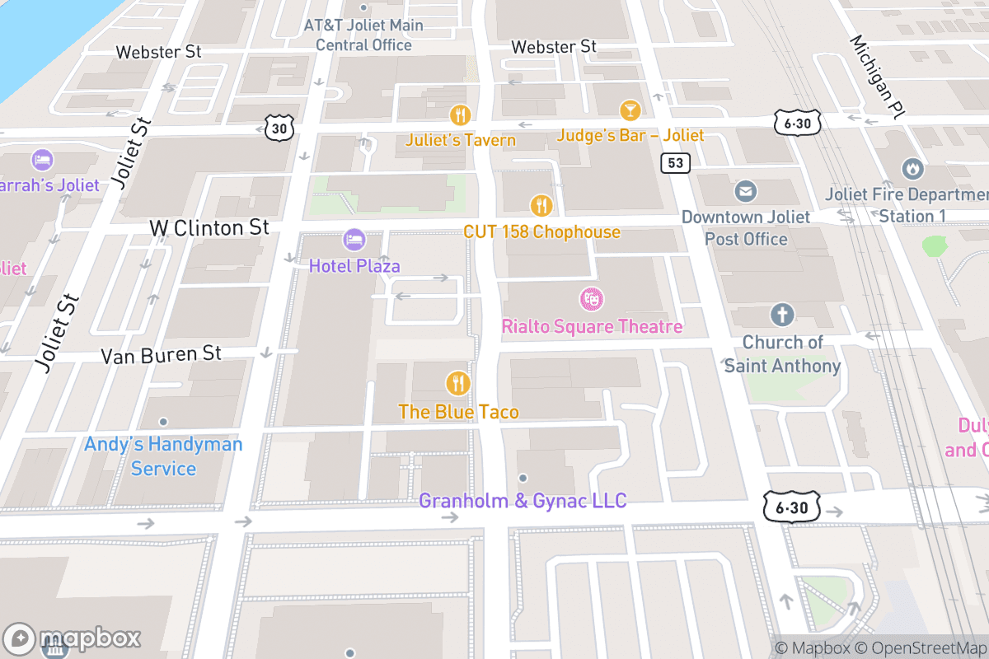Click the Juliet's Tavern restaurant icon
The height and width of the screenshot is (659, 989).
pyautogui.click(x=460, y=115)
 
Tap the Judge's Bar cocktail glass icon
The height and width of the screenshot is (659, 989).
pyautogui.click(x=630, y=110)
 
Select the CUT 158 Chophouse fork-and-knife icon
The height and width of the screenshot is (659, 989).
pyautogui.click(x=541, y=204)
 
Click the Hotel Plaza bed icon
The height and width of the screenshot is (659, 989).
pyautogui.click(x=354, y=240)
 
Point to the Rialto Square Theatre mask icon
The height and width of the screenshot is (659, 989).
pyautogui.click(x=590, y=299)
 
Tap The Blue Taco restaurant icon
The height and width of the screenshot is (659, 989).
pyautogui.click(x=458, y=383)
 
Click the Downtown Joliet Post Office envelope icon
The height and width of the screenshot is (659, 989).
pyautogui.click(x=746, y=192)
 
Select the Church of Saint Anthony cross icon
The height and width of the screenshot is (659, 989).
pyautogui.click(x=781, y=315)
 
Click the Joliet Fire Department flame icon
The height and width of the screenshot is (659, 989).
pyautogui.click(x=912, y=169)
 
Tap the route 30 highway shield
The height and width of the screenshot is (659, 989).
pyautogui.click(x=279, y=127)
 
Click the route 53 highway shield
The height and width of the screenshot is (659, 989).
pyautogui.click(x=675, y=163)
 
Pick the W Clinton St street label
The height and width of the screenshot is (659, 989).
pyautogui.click(x=209, y=227)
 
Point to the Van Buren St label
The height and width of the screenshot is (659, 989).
pyautogui.click(x=161, y=354)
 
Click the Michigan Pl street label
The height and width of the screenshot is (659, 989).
pyautogui.click(x=877, y=78)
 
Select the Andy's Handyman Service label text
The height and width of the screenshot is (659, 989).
pyautogui.click(x=163, y=456)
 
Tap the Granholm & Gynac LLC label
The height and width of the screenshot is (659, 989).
pyautogui.click(x=523, y=500)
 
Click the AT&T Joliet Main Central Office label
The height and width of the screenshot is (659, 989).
pyautogui.click(x=363, y=35)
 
